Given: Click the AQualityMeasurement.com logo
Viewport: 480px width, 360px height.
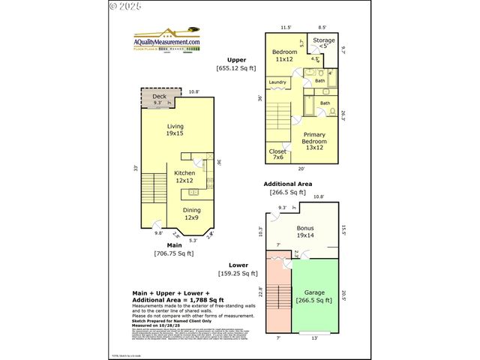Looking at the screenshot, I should click(x=166, y=41).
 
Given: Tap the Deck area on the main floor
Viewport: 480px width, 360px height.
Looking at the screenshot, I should click(x=158, y=99).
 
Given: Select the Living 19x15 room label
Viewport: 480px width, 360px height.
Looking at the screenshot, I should click(x=175, y=130).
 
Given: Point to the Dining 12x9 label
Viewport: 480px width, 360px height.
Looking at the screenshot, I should click(x=192, y=214).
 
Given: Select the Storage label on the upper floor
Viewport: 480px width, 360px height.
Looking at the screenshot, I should click(x=323, y=42).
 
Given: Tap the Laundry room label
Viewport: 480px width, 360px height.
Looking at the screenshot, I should click(x=277, y=82).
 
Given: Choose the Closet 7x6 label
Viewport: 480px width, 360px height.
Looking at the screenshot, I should click(x=277, y=154).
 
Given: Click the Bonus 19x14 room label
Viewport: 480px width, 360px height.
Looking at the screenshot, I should click(x=304, y=232).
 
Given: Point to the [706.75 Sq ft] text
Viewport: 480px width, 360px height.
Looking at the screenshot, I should click(x=174, y=253).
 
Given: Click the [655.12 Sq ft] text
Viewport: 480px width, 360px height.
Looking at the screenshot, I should click(x=237, y=68).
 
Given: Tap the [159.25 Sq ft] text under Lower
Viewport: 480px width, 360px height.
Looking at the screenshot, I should click(x=238, y=273).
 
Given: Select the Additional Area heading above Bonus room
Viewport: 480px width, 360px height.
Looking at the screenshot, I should click(x=287, y=183).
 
